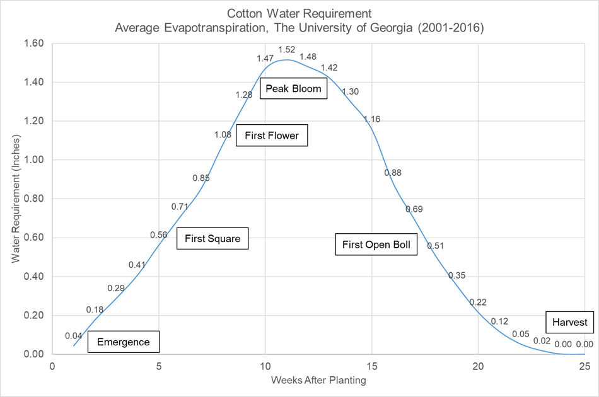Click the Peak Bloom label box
click(293, 89)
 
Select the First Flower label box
click(272, 135)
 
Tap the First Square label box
click(212, 239)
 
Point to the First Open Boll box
click(376, 245)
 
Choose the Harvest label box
click(569, 323)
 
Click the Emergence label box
click(124, 342)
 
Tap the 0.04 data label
click(74, 336)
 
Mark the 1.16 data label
click(372, 119)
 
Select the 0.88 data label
click(393, 173)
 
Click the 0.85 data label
click(201, 178)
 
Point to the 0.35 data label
click(457, 275)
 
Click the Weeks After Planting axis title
click(318, 381)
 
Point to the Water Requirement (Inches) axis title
click(16, 199)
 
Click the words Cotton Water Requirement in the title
click(299, 13)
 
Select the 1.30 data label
click(351, 92)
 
